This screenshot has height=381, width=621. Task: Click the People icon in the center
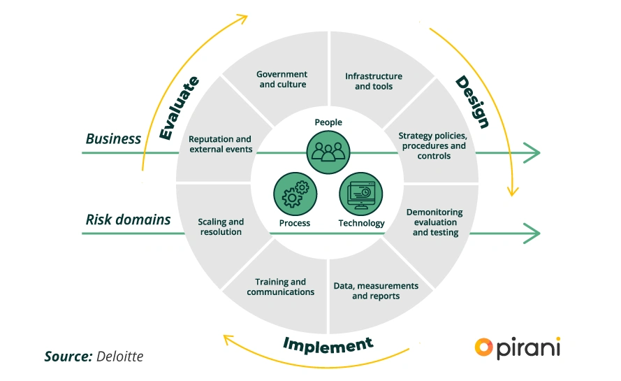pos(328,149)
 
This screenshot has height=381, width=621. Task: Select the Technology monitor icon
pos(361,194)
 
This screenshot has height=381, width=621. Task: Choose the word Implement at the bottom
pos(328,344)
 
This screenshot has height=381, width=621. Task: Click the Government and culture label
pos(282,80)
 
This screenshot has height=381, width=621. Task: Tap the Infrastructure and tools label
pos(374,81)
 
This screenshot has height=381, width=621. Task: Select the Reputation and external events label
pos(220,144)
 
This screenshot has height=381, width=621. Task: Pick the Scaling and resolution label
pos(221,227)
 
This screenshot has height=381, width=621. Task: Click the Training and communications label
pos(280,287)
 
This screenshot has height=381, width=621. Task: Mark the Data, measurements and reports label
pos(376,291)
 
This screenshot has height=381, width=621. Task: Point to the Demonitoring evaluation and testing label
pos(434,222)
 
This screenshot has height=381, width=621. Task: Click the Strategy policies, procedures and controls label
pos(434,145)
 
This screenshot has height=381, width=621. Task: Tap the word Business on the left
pos(113,138)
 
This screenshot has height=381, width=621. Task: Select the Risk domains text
pos(128,220)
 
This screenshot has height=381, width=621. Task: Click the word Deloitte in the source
pos(119,357)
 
